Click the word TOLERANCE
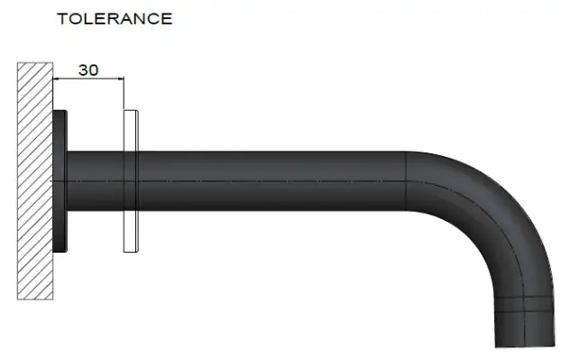click(x=114, y=19)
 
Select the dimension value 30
click(x=88, y=69)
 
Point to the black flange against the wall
click(x=60, y=180)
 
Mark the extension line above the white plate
click(x=124, y=94)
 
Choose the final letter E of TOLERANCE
click(x=166, y=19)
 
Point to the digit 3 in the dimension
click(x=83, y=69)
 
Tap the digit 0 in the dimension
click(x=94, y=69)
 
